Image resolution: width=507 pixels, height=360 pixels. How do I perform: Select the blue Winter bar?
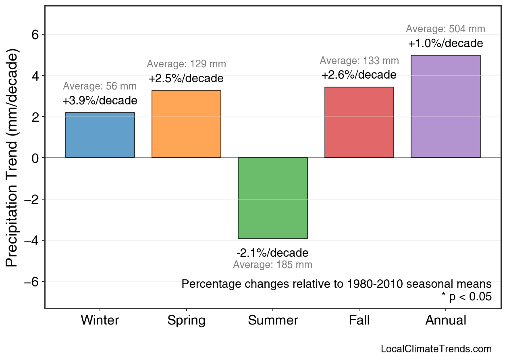click(x=100, y=135)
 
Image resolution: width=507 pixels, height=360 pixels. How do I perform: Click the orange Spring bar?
click(x=186, y=124)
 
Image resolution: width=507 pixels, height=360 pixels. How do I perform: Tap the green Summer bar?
click(x=273, y=198)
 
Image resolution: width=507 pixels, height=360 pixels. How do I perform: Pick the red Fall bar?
click(x=359, y=122)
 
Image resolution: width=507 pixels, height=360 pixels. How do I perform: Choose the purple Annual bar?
click(x=445, y=106)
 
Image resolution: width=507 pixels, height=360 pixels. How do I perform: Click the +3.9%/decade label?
click(x=100, y=101)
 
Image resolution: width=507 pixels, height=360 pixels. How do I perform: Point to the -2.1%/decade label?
click(x=272, y=253)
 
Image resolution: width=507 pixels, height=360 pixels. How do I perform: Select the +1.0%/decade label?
click(x=445, y=44)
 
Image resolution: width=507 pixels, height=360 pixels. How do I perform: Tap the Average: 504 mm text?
click(x=445, y=29)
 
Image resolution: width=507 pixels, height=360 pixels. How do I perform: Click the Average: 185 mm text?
click(x=272, y=265)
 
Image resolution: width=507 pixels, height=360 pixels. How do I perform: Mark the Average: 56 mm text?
click(x=100, y=86)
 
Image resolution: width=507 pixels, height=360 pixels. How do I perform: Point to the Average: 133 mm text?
click(x=359, y=61)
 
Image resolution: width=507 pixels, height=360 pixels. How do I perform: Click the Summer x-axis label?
click(x=273, y=320)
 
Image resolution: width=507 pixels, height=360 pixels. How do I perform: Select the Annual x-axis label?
click(x=446, y=320)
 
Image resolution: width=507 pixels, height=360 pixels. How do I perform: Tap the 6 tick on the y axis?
click(x=35, y=35)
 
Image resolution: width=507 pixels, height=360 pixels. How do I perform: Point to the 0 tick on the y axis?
click(x=35, y=158)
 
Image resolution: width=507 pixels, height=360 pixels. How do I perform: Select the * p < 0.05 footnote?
click(x=466, y=297)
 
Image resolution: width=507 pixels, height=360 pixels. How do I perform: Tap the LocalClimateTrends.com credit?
click(x=436, y=349)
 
